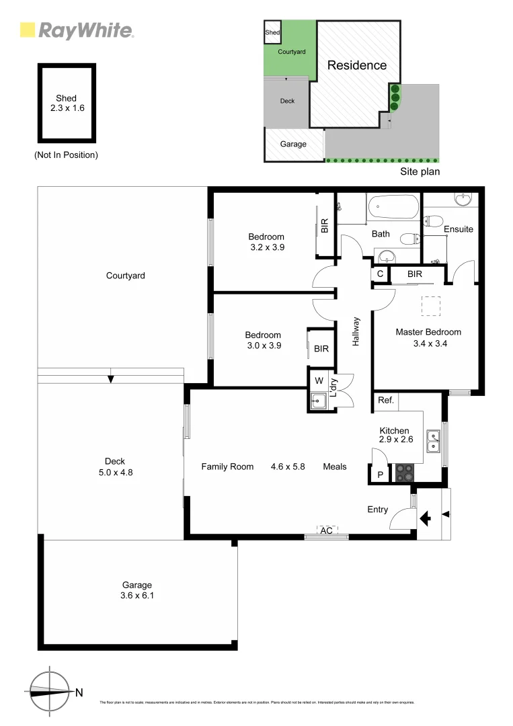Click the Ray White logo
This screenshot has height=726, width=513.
(x=77, y=30)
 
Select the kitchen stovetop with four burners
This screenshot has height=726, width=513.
(x=405, y=473)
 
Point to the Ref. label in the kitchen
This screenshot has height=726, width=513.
(x=385, y=401)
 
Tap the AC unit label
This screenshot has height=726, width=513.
(x=327, y=530)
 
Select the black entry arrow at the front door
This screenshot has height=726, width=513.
(x=425, y=518)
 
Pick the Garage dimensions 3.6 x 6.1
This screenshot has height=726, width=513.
(x=137, y=596)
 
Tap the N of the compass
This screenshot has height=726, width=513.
(x=79, y=692)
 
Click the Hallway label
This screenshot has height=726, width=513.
(x=356, y=331)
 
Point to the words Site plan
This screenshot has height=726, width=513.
(x=420, y=171)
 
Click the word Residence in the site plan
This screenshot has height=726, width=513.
(x=357, y=65)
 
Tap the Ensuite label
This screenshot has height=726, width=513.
(x=459, y=229)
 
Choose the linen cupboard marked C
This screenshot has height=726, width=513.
(x=380, y=274)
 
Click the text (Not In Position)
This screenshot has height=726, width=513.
(x=66, y=155)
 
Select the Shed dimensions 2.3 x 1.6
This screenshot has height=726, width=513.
(x=66, y=108)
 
